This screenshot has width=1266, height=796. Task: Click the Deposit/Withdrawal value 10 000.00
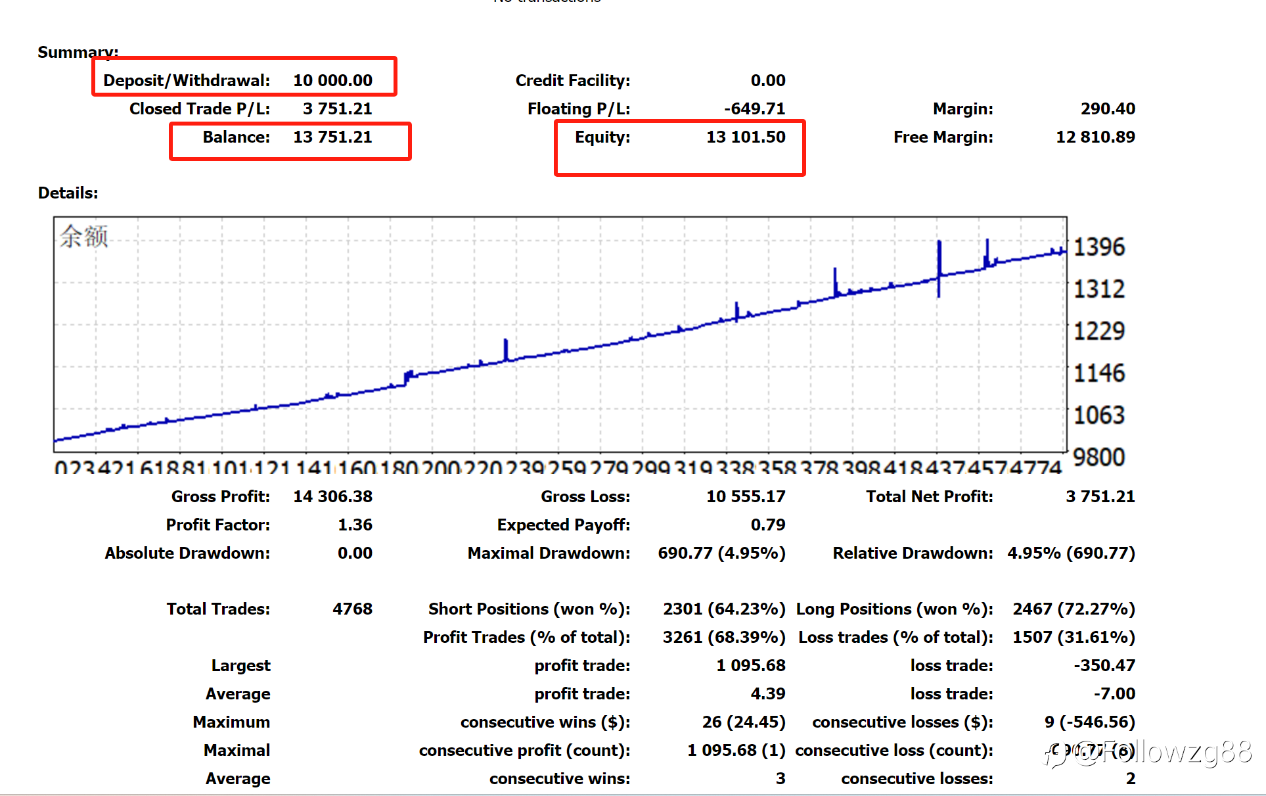332,80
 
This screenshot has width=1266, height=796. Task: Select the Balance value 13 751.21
332,137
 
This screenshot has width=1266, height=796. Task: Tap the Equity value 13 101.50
746,137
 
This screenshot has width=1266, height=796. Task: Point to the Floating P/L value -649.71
754,108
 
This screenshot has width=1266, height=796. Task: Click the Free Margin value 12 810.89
1095,137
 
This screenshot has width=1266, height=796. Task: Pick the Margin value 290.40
1108,108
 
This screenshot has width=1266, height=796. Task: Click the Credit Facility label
572,80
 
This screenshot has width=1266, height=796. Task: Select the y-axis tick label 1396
1099,247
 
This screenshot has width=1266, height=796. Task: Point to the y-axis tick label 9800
1099,457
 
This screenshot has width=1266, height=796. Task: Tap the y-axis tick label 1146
1099,373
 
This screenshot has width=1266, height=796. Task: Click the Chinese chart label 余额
84,236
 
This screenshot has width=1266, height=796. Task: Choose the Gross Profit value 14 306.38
332,496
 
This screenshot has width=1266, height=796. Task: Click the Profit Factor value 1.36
355,525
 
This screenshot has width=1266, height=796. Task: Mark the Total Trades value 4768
352,609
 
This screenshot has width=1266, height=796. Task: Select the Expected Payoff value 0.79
768,525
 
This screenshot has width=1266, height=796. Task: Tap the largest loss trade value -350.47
1104,665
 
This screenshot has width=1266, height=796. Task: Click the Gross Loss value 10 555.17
746,496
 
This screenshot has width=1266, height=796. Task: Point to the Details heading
68,193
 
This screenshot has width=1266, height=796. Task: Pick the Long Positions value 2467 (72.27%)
1074,609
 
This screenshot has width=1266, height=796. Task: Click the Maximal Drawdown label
549,553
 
